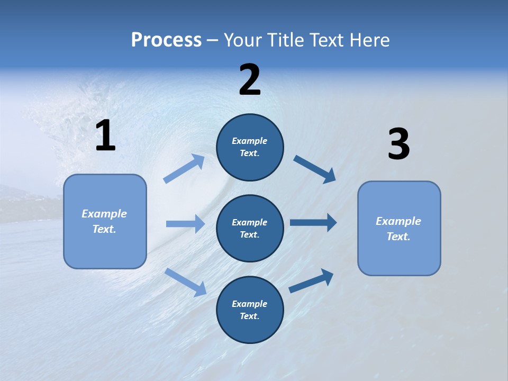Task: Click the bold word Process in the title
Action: click(x=166, y=40)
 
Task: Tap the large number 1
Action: click(x=105, y=136)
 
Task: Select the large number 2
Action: click(x=250, y=80)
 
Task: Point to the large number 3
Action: click(x=399, y=145)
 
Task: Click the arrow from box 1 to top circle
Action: click(x=184, y=169)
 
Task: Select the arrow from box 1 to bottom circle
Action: click(x=185, y=282)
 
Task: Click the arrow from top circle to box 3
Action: click(x=315, y=169)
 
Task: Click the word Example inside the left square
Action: click(x=104, y=214)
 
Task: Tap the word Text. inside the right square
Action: click(x=398, y=237)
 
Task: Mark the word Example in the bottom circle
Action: click(x=250, y=304)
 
